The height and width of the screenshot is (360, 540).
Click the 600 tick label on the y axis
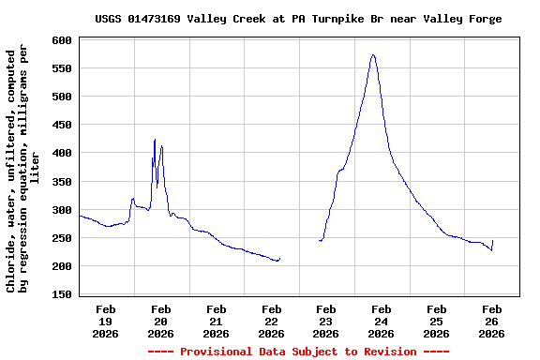[63, 40]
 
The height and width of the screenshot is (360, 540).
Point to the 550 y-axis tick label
[63, 68]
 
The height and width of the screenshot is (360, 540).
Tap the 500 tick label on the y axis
[63, 97]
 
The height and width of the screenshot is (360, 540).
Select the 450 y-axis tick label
[63, 125]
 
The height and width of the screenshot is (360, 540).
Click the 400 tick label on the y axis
[63, 153]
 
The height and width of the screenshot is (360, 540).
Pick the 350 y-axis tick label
[63, 181]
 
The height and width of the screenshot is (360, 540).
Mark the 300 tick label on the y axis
[63, 210]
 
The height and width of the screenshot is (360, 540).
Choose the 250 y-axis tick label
[63, 238]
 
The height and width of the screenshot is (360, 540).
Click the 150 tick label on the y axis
[63, 294]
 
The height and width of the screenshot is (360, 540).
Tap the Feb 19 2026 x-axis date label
[106, 321]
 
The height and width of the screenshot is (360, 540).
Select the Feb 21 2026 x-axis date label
[216, 321]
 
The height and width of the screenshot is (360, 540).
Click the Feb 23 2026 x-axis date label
[326, 321]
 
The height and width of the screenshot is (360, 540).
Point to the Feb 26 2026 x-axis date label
[491, 321]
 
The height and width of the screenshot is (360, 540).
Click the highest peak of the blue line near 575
[373, 54]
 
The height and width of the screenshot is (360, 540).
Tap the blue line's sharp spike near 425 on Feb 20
[155, 140]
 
